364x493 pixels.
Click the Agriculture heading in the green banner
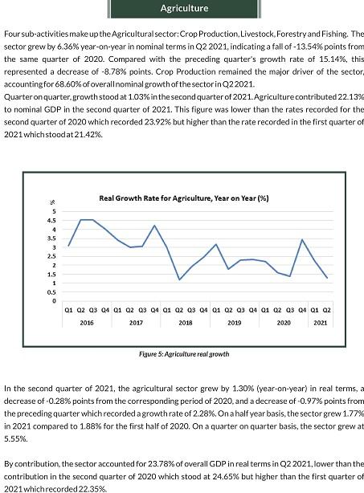pyautogui.click(x=184, y=8)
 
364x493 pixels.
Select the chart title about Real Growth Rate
pyautogui.click(x=184, y=198)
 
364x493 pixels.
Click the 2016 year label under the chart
pyautogui.click(x=87, y=323)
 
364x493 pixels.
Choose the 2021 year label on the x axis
pyautogui.click(x=321, y=323)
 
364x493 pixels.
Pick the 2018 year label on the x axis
pyautogui.click(x=186, y=323)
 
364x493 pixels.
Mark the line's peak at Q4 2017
pyautogui.click(x=154, y=225)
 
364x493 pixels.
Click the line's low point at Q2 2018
pyautogui.click(x=179, y=279)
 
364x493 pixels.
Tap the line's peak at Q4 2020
pyautogui.click(x=302, y=239)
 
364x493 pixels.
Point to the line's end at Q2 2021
pyautogui.click(x=327, y=278)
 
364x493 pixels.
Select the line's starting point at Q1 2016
pyautogui.click(x=68, y=245)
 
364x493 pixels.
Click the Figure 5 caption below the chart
pyautogui.click(x=184, y=354)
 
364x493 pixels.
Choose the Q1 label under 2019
pyautogui.click(x=216, y=310)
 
